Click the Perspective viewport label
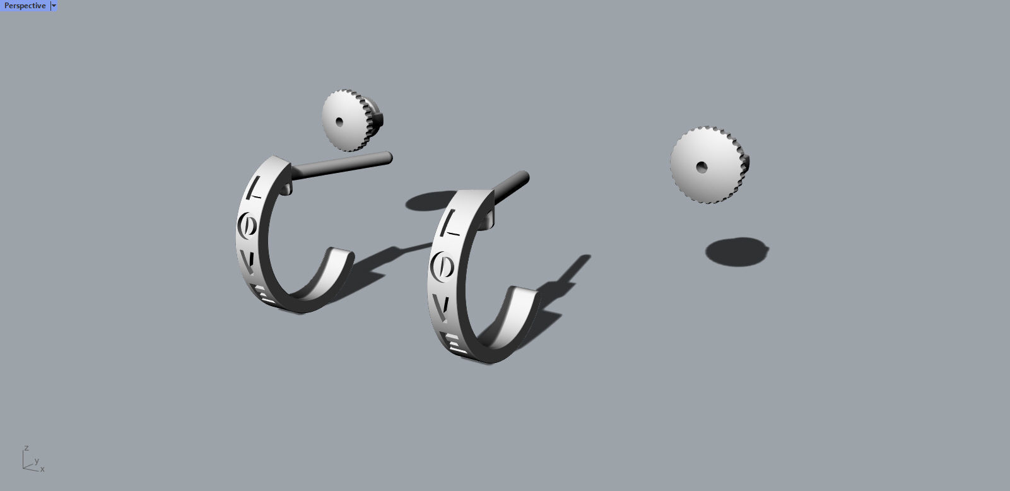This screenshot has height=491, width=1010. click(x=25, y=6)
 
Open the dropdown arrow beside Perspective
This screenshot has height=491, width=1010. click(x=54, y=6)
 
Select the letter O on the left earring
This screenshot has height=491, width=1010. click(x=248, y=225)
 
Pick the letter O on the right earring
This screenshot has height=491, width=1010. click(x=443, y=267)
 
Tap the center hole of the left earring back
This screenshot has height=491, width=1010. click(x=339, y=122)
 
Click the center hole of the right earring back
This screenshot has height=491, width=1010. click(x=701, y=167)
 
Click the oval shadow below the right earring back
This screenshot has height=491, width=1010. click(x=737, y=251)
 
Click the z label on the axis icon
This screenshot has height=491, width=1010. click(x=26, y=447)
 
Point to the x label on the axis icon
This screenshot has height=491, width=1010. click(x=42, y=469)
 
